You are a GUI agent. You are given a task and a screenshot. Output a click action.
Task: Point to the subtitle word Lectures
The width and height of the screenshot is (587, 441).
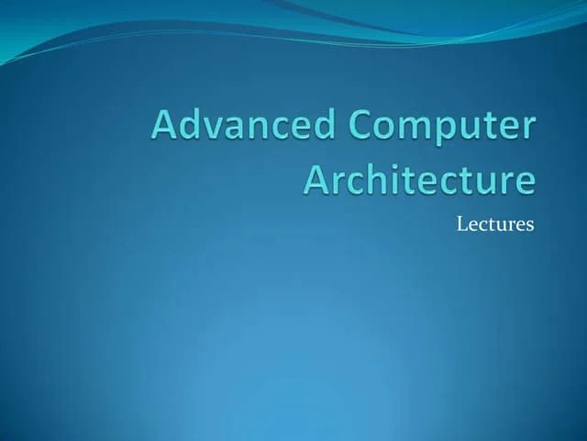(x=495, y=223)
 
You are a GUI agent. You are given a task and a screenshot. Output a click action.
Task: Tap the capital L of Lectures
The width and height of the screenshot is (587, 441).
(x=461, y=223)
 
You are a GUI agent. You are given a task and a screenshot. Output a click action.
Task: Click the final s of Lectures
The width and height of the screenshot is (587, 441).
(x=530, y=225)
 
